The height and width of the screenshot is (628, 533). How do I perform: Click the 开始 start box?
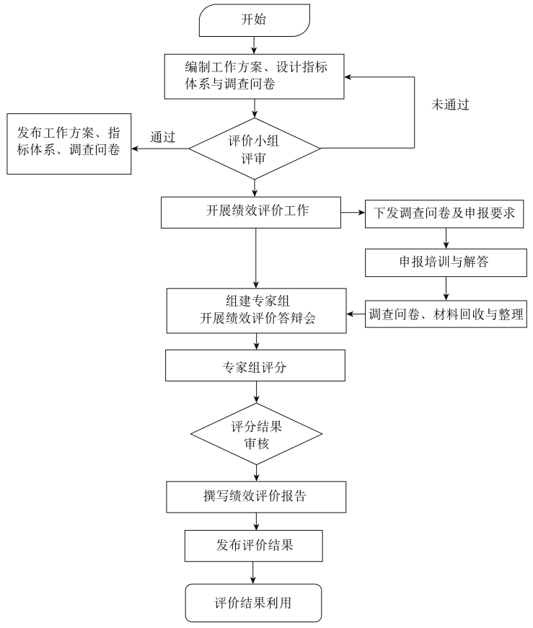coord(253,20)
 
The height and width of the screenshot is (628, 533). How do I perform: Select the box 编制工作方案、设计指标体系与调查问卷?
coord(254,76)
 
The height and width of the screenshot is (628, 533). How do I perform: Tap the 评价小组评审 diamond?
coord(255,149)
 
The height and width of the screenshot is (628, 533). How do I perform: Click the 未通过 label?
coord(450,105)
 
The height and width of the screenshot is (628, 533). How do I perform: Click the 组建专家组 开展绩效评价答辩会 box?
coord(256,310)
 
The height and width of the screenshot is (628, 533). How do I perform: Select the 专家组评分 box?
coord(256,366)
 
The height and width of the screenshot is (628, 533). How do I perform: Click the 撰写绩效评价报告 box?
coord(256,497)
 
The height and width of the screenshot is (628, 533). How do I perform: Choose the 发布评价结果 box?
coord(254,546)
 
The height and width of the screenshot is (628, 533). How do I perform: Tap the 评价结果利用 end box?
coord(253,602)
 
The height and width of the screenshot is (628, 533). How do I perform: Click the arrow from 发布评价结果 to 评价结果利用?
coord(254,572)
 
